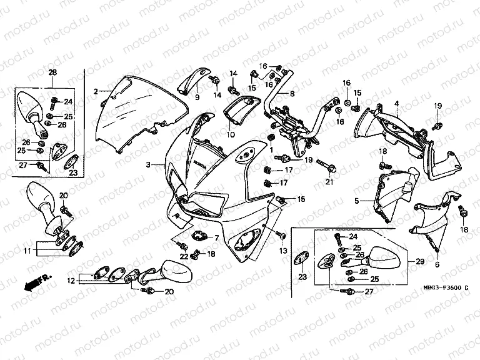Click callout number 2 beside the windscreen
[x=96, y=91]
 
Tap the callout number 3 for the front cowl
[x=147, y=165]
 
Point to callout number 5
[x=356, y=201]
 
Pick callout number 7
[x=216, y=238]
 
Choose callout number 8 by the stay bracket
[x=291, y=94]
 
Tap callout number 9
[x=196, y=98]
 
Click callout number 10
[x=231, y=134]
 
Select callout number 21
[x=329, y=182]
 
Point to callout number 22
[x=183, y=257]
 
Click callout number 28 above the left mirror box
[x=52, y=72]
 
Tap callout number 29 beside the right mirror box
[x=419, y=261]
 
